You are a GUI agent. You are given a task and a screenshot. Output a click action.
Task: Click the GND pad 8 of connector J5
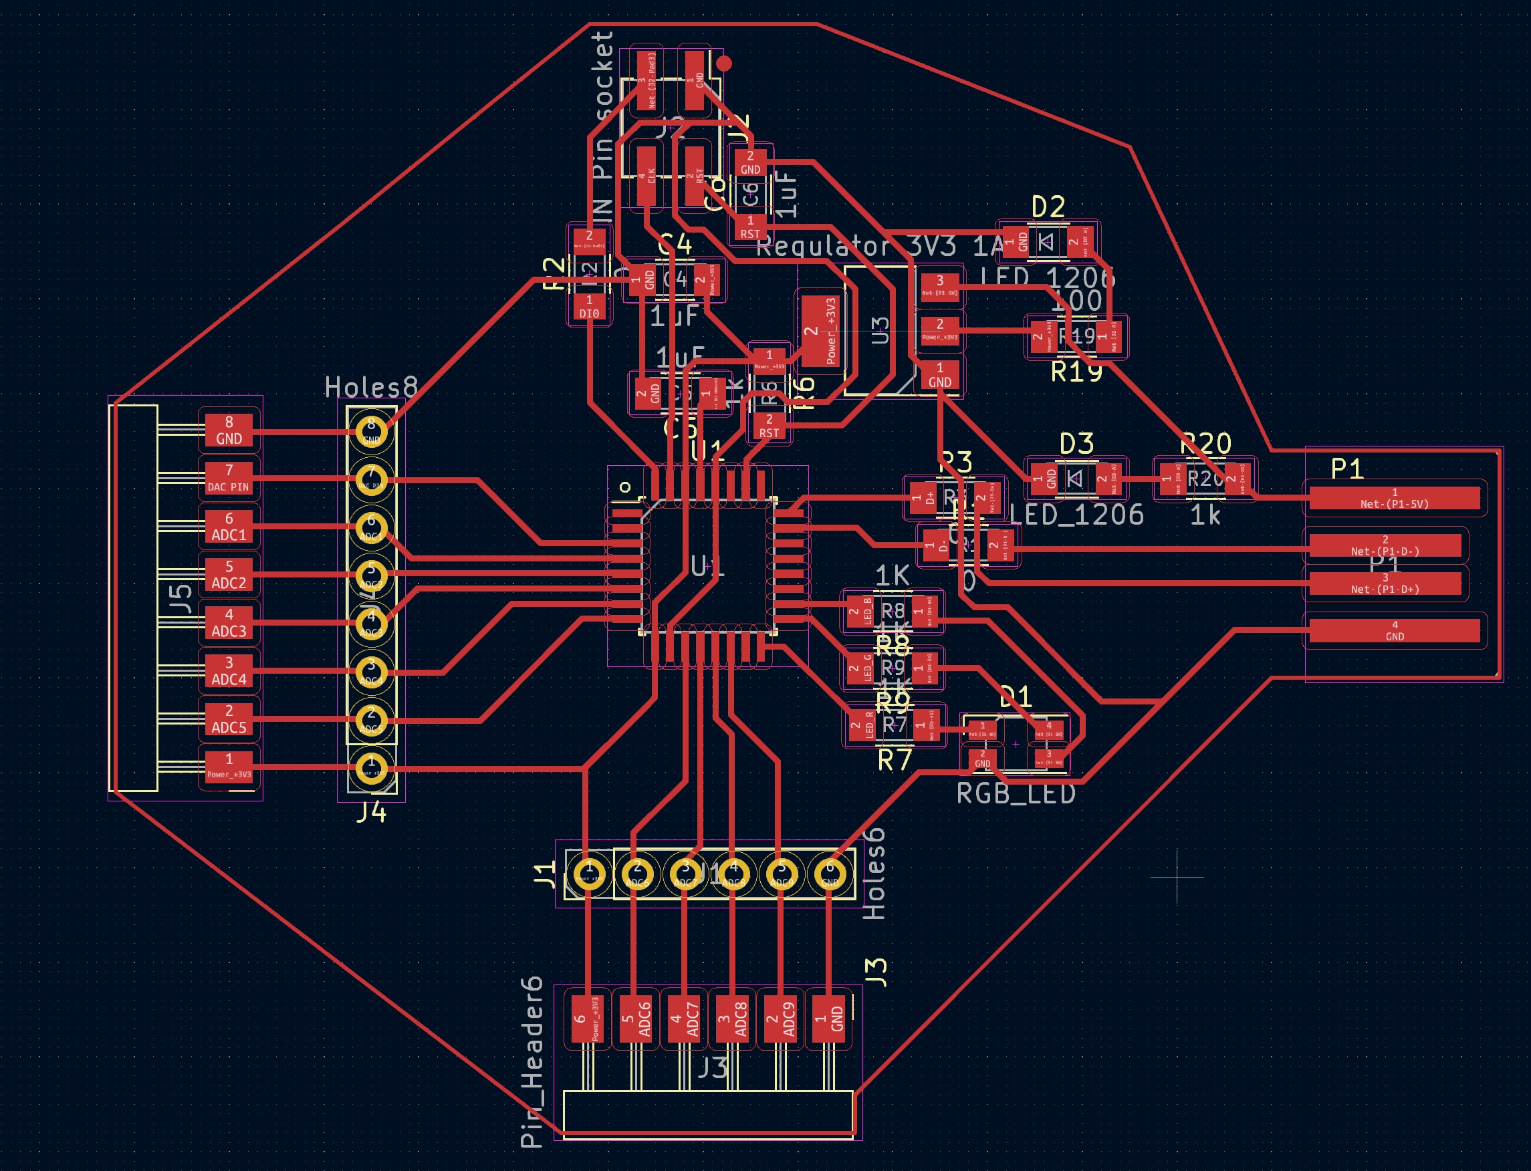tap(229, 430)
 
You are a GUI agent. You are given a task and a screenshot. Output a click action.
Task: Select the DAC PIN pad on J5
tap(229, 479)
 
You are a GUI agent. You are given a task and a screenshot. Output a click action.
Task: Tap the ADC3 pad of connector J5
tap(229, 623)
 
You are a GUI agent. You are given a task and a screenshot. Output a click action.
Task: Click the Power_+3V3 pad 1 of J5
tap(229, 767)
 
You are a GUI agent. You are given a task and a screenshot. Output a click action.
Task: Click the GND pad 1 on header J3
tap(830, 1019)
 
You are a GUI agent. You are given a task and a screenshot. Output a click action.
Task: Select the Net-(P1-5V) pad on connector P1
tap(1395, 498)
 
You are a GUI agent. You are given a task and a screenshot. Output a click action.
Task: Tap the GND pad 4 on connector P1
tap(1395, 630)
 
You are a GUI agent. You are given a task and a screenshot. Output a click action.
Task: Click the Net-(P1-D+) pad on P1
tap(1385, 583)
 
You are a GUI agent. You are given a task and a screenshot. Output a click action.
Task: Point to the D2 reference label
tap(1048, 207)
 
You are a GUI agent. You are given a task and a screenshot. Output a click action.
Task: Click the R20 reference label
tap(1205, 443)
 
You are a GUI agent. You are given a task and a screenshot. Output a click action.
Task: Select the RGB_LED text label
tap(1016, 793)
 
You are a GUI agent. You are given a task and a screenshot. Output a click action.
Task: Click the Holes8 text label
tap(371, 387)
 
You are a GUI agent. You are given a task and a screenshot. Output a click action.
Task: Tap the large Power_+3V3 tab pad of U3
tap(820, 331)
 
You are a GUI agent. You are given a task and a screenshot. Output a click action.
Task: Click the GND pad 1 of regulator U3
tap(939, 375)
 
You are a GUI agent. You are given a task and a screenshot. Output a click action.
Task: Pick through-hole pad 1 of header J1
tap(589, 873)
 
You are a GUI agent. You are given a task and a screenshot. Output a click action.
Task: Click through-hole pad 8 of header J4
tap(372, 432)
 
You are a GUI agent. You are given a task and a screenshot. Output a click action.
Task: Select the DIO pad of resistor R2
tap(589, 307)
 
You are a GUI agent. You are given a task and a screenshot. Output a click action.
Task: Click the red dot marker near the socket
tap(724, 63)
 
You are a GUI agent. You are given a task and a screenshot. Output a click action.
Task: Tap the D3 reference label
tap(1076, 443)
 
